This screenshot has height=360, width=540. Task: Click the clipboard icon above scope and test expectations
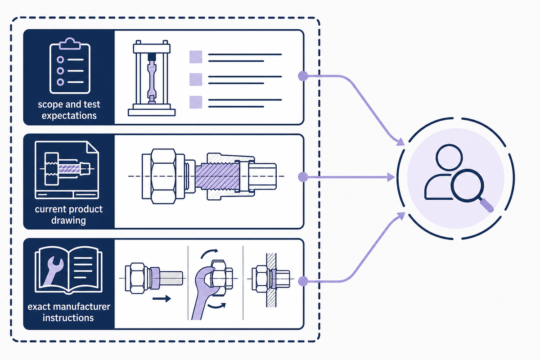click(x=70, y=66)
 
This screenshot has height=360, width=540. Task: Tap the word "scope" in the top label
click(x=49, y=105)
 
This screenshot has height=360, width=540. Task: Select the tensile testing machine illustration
click(x=152, y=78)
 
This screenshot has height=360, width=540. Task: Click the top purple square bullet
click(x=196, y=57)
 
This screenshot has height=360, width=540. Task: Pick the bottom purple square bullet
click(x=196, y=102)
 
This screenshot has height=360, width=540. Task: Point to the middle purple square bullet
click(x=196, y=80)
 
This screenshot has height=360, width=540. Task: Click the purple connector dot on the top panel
click(x=303, y=76)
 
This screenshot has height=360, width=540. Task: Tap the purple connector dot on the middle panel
click(x=303, y=177)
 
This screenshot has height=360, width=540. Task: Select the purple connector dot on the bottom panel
click(x=303, y=281)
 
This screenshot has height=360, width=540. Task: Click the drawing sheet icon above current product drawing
click(x=67, y=170)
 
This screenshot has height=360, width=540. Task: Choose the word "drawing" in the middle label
click(x=68, y=220)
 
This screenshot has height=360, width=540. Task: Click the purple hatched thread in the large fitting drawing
click(x=217, y=176)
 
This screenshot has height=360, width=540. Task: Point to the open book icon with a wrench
click(x=69, y=270)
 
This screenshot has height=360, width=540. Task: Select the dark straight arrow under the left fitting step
click(x=162, y=299)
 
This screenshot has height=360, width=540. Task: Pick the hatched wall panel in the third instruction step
click(x=271, y=280)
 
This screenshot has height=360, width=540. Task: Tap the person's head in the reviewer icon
click(x=449, y=157)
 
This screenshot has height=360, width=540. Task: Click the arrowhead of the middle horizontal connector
click(x=391, y=177)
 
